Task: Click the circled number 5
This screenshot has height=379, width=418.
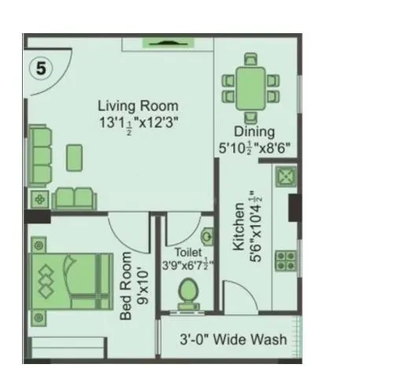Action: (x=41, y=69)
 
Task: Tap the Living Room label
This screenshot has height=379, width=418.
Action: (x=138, y=106)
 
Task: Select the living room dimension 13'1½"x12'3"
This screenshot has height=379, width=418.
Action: (x=139, y=122)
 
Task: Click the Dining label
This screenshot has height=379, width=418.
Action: (x=253, y=132)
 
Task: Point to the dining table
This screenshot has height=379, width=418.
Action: (x=251, y=85)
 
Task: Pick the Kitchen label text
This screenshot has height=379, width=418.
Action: (x=238, y=231)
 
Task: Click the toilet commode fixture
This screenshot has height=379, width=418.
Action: (x=189, y=293)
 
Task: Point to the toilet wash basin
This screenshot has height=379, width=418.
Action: (x=208, y=236)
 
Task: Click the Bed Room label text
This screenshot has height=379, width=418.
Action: (x=128, y=288)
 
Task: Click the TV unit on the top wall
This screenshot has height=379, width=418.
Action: (x=168, y=43)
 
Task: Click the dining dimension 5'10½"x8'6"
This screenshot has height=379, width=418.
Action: (x=253, y=147)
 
